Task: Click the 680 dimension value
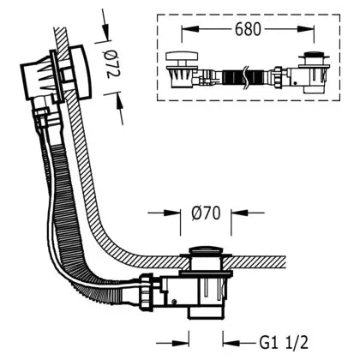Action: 248,29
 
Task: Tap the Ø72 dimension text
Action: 113,64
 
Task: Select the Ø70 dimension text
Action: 206,213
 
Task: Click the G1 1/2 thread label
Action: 284,342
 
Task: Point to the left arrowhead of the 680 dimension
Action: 190,29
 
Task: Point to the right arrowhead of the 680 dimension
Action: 306,29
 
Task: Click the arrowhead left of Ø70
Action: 172,213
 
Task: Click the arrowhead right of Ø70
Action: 239,213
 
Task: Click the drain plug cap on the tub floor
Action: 205,249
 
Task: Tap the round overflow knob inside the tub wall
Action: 81,71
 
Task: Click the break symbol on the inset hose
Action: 245,77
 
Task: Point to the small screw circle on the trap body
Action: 173,302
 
